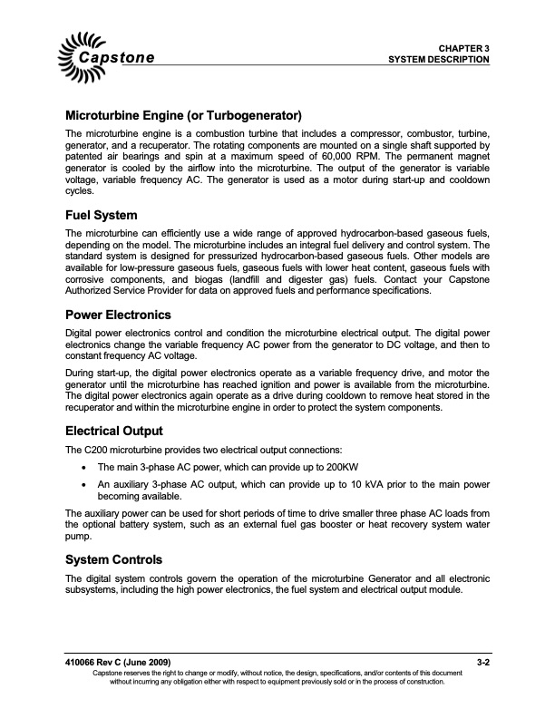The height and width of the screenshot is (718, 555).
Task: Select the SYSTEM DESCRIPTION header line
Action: [x=439, y=59]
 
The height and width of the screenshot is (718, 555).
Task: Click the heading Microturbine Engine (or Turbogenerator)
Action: [x=183, y=116]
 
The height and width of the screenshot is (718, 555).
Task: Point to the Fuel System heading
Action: [x=102, y=216]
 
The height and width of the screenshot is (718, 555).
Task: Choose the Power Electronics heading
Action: [x=118, y=315]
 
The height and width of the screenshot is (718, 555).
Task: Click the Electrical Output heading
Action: [x=115, y=431]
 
